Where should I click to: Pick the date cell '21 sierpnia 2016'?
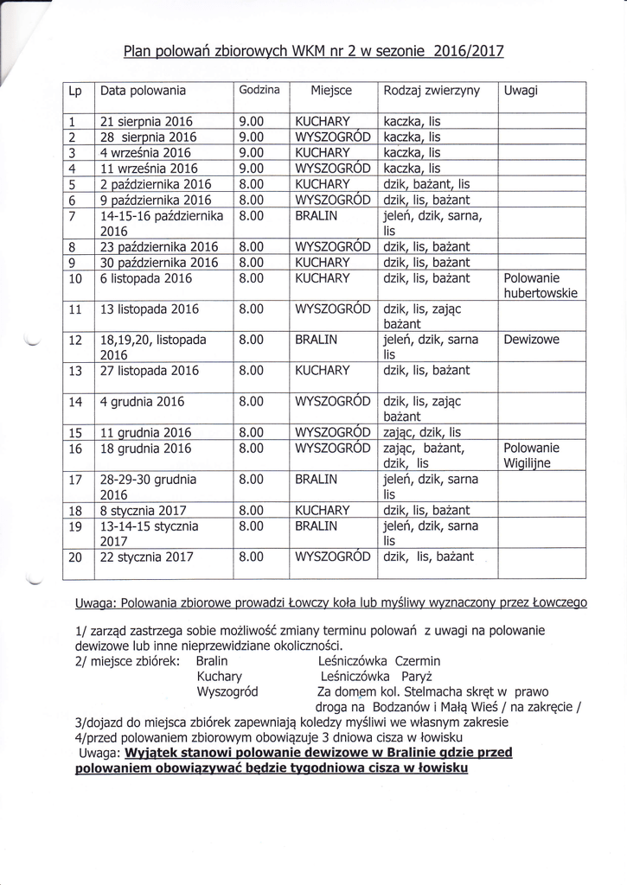147,121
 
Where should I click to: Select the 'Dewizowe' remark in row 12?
531,341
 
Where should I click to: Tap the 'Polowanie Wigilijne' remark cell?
531,455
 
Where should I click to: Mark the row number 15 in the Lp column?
75,432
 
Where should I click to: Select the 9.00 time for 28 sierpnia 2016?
251,137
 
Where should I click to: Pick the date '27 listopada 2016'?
150,371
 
